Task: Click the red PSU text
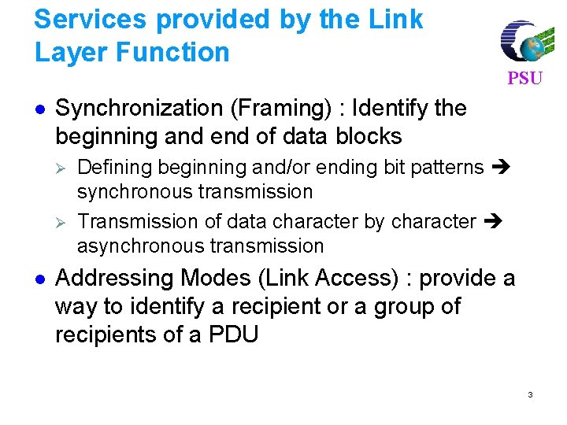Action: click(x=524, y=78)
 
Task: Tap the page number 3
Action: click(x=530, y=394)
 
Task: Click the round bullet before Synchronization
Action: click(x=40, y=109)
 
